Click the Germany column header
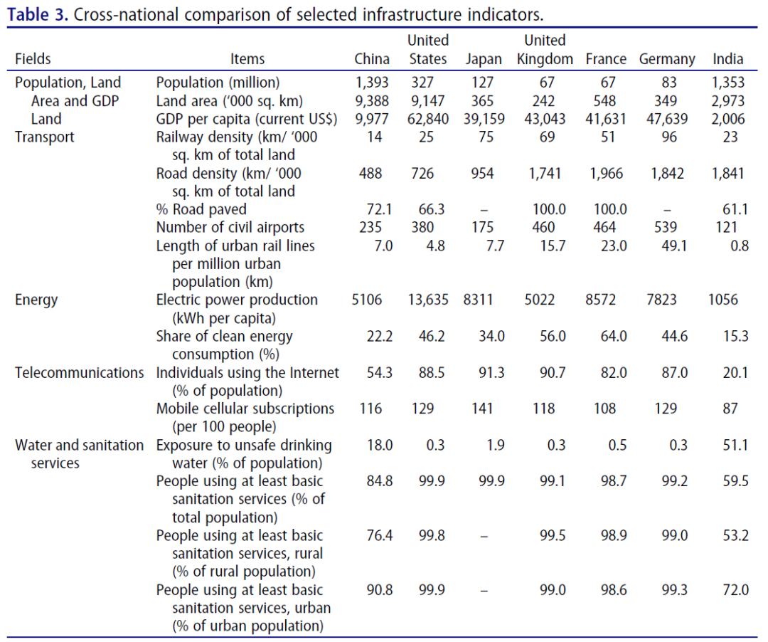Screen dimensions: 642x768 pos(666,60)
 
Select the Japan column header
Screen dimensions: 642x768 pos(484,60)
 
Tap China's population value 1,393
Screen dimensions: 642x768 pos(372,83)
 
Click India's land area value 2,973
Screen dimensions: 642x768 pos(728,101)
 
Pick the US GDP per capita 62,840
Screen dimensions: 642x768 pos(429,119)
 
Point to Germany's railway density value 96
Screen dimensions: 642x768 pos(669,137)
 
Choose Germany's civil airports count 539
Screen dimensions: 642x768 pos(669,228)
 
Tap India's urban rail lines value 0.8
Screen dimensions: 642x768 pos(739,246)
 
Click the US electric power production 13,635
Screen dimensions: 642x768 pos(429,300)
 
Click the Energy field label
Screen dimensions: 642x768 pos(36,300)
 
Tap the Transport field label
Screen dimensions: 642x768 pos(45,137)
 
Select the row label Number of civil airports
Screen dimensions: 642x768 pos(230,228)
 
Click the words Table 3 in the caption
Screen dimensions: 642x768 pos(38,15)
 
